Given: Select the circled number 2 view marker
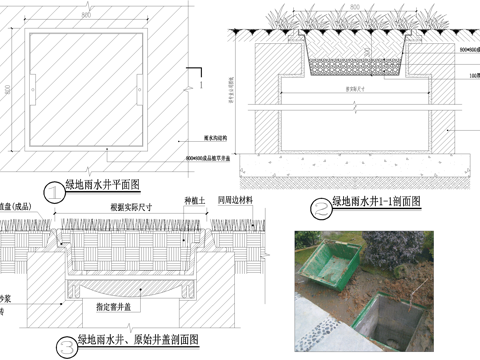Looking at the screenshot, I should (319, 207).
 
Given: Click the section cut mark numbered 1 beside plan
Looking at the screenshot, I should (202, 86).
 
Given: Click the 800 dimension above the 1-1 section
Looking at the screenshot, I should (355, 7).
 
